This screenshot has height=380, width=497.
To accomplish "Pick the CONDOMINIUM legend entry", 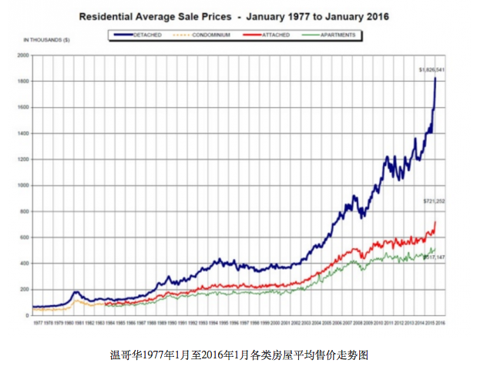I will coord(207,35).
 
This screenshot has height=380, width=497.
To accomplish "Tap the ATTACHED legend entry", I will coord(271,35).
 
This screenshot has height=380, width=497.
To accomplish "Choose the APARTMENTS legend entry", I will coord(333,35).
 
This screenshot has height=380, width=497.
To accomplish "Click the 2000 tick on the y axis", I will coord(22,55).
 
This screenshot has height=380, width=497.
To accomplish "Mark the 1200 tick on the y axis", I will coord(22,160).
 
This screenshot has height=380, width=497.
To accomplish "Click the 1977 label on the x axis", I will coord(38,323).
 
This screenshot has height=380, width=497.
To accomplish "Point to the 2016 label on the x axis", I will coord(441,323).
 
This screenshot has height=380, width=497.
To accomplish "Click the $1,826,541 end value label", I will coord(431,70).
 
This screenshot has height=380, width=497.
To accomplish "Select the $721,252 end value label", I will coord(434,201).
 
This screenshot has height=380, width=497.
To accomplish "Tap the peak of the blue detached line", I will coord(435,78).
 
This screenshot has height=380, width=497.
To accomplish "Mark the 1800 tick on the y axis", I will coord(22,82).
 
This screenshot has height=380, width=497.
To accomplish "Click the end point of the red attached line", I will coord(435,222).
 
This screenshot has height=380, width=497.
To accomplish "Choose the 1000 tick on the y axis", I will coord(22,186).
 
